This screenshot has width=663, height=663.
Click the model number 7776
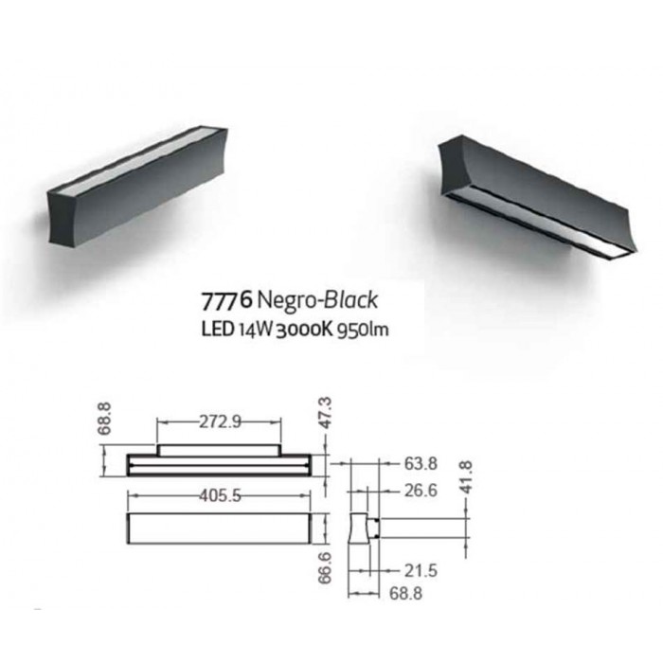[x=227, y=300]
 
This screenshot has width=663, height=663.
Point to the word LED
[x=217, y=330]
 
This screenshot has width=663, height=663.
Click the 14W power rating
[x=255, y=330]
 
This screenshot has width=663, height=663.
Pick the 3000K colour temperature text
[x=304, y=330]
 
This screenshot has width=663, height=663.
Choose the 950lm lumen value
[x=363, y=330]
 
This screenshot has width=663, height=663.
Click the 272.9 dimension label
[x=220, y=421]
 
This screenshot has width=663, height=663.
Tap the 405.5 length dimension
[x=220, y=495]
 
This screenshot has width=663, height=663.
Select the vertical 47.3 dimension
[x=325, y=413]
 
